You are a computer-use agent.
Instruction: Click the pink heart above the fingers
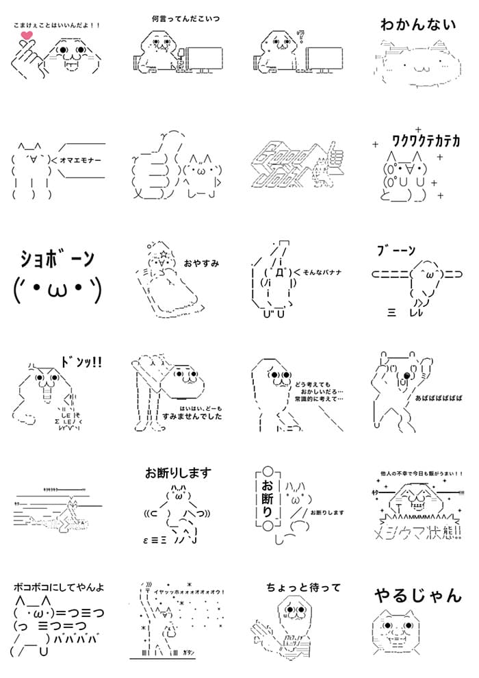click(26, 36)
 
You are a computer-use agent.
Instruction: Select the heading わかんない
click(417, 25)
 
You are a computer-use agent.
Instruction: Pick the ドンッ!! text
click(81, 362)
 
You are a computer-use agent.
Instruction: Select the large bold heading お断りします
click(178, 473)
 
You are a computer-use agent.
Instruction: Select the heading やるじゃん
click(417, 596)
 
